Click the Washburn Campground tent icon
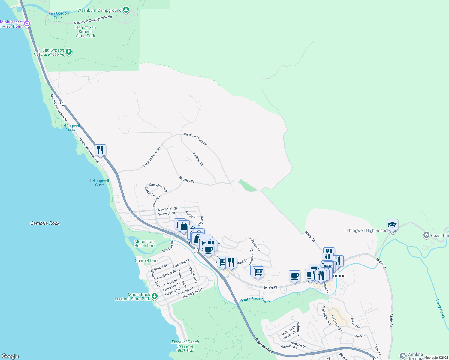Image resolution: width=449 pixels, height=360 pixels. coord(126,10)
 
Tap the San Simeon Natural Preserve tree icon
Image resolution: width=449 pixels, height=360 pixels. coord(69,52)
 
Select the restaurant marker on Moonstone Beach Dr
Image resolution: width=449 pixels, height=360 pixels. coord(100,149)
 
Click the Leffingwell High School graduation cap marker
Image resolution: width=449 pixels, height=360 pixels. coord(392,225)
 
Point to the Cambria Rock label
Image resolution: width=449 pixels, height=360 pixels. coord(45,223)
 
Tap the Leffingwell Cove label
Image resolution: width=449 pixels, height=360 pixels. coord(99,183)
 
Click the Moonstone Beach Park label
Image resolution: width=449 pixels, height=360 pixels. coord(145,244)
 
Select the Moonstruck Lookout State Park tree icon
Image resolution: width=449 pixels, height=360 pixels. coord(155,296)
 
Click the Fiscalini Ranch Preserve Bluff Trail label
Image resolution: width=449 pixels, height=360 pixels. coord(185,346)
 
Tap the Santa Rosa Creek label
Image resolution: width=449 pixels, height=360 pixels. coord(255,300)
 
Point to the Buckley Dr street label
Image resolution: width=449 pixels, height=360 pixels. coord(187,180)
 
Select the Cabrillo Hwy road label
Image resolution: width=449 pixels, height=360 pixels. coord(264,346)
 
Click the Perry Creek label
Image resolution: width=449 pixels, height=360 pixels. coord(440,309)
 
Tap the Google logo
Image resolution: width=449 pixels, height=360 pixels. coord(10,356)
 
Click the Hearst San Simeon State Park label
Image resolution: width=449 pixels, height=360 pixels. coord(86,31)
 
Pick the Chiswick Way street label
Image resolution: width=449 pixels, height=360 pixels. coord(158,187)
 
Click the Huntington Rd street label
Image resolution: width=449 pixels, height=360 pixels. coord(192,293)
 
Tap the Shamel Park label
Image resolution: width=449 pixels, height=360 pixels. coord(147,261)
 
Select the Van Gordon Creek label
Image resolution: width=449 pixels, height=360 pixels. coord(59,16)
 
